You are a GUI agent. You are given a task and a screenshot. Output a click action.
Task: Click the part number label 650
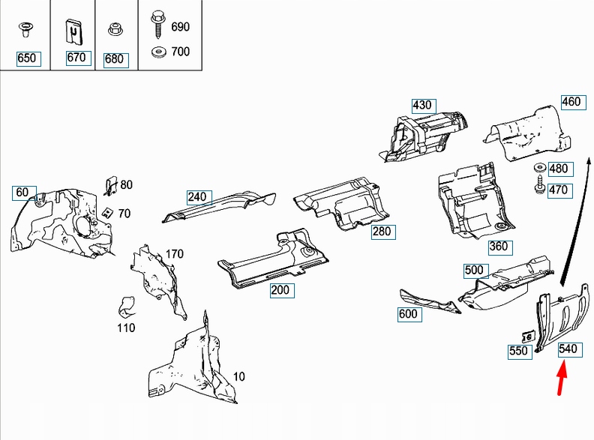26,58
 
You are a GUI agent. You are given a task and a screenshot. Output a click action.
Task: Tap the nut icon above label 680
114,30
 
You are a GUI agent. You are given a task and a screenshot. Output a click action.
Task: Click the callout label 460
571,101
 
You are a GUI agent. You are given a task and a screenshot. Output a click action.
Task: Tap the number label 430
422,105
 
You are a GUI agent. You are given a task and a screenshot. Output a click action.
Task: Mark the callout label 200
283,291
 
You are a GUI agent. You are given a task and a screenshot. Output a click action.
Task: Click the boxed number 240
197,197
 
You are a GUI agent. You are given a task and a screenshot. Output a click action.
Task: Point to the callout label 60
22,193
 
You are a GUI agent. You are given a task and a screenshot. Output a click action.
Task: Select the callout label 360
499,246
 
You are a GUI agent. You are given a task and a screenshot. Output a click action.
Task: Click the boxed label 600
408,315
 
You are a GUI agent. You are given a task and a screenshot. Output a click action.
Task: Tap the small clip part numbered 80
109,184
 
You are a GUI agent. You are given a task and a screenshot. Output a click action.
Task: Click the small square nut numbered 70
109,212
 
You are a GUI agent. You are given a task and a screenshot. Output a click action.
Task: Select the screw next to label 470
538,187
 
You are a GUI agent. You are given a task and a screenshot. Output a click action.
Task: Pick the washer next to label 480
538,168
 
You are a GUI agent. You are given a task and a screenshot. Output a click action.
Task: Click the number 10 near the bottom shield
238,376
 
